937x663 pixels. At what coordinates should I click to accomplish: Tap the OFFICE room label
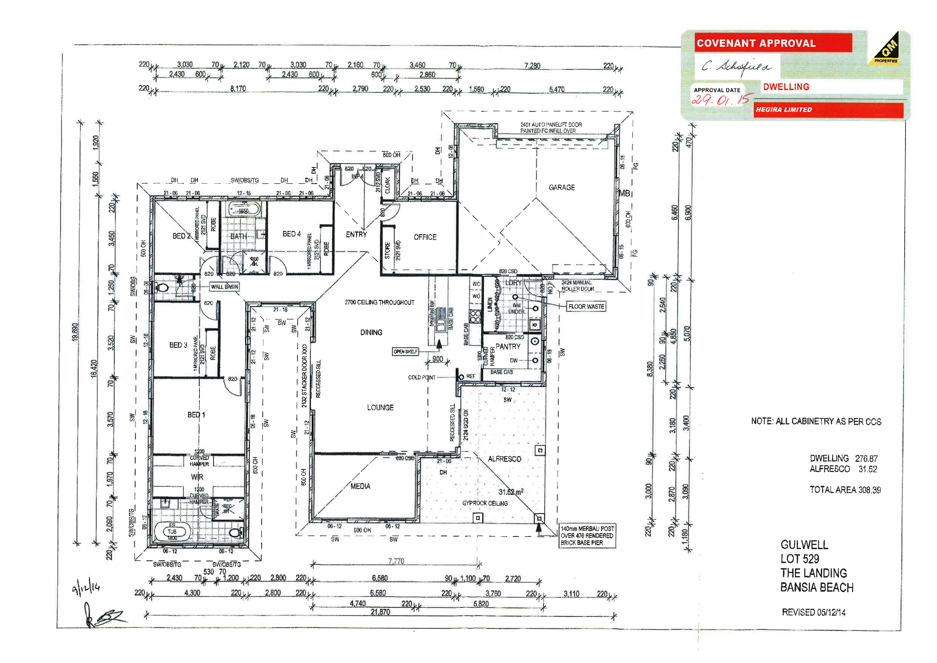(425, 237)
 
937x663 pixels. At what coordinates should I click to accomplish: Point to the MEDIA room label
(360, 486)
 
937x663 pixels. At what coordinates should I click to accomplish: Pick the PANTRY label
(508, 347)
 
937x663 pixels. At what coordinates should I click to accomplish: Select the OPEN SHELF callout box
(405, 351)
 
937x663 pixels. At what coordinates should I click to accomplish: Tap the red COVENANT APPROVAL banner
(773, 43)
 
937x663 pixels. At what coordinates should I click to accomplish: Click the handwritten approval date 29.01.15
(721, 99)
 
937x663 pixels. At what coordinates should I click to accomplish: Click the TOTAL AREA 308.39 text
(845, 490)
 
